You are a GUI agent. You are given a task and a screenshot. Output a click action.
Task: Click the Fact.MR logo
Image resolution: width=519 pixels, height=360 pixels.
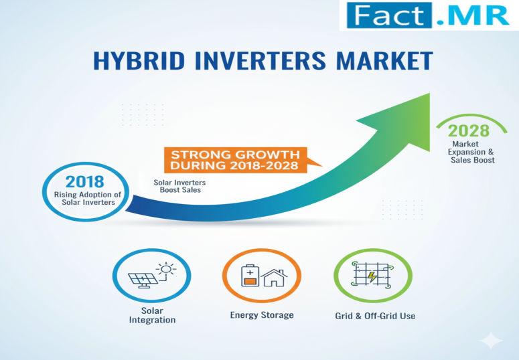[x=429, y=15]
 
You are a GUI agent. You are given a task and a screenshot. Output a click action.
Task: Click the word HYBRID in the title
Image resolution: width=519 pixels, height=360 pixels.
[x=139, y=60]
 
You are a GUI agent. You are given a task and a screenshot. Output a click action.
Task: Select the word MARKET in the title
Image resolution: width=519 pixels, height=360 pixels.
[x=384, y=60]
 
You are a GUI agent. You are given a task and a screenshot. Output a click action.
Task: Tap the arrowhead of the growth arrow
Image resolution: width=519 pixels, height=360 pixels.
[x=402, y=122]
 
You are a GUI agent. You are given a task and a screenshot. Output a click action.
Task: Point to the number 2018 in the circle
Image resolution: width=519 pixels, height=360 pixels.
[x=85, y=181]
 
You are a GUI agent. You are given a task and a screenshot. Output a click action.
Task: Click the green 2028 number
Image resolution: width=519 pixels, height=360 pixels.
[x=468, y=130]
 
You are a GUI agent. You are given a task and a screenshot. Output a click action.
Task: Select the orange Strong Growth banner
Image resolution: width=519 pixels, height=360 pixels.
[x=236, y=160]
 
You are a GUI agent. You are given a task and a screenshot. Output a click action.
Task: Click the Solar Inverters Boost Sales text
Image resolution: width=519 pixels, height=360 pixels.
[x=179, y=186]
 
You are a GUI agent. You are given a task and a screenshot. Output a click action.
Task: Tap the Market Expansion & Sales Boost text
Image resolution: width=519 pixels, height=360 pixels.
[x=471, y=152]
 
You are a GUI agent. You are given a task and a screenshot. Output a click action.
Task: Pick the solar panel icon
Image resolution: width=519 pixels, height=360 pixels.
[x=143, y=280]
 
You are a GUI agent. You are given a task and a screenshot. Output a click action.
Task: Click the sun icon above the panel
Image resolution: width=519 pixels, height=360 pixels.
[x=166, y=270]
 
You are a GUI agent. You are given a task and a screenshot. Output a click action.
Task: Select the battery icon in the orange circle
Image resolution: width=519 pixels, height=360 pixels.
[x=250, y=275]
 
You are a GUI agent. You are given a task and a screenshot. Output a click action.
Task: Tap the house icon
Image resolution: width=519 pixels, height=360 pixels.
[x=274, y=278]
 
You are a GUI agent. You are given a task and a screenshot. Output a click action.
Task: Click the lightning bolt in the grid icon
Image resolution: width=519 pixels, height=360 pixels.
[x=372, y=276]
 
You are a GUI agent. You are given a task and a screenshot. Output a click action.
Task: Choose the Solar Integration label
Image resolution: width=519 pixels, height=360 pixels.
[x=152, y=315]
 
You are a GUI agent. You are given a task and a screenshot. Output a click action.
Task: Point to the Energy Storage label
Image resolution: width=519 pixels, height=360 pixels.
[x=262, y=315]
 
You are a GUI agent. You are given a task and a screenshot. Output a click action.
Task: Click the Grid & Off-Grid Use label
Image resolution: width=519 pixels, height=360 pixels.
[x=375, y=316]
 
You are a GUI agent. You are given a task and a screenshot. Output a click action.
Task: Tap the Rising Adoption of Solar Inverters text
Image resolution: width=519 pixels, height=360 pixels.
[x=87, y=199]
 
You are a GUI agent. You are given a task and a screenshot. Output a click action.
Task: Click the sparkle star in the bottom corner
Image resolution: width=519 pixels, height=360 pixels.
[x=492, y=341]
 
